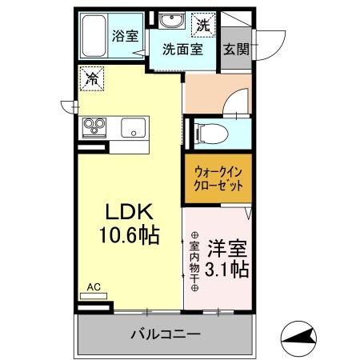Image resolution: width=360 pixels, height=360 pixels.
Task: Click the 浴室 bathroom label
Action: (x=125, y=36)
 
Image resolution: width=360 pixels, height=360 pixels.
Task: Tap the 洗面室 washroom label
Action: (x=182, y=48)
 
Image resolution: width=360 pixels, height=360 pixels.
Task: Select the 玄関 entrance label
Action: (x=235, y=48)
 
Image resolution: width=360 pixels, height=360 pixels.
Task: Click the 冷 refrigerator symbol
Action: (x=93, y=78)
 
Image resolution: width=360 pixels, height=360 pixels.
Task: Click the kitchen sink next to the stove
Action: (x=132, y=127)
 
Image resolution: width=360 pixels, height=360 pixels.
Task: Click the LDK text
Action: (x=130, y=212)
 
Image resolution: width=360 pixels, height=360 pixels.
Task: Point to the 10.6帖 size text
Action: (x=130, y=235)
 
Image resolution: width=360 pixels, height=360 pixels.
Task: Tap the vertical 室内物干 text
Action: (x=194, y=262)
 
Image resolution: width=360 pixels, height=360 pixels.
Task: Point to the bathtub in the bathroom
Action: (x=94, y=36)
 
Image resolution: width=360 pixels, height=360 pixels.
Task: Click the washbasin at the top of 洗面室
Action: (x=170, y=22)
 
